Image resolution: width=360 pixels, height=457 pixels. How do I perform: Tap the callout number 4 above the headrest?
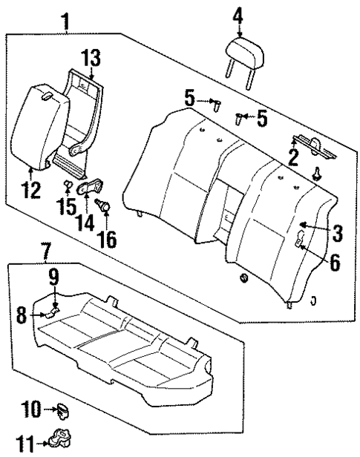[x=238, y=13]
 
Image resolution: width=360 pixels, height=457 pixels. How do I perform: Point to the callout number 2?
[x=294, y=156]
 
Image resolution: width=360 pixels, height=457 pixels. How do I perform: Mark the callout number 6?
[x=336, y=262]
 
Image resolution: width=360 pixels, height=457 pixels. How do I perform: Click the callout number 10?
[x=32, y=408]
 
